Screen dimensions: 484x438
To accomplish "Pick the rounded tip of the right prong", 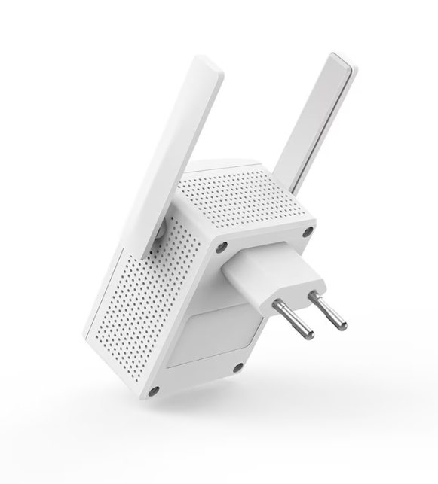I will click(x=342, y=325).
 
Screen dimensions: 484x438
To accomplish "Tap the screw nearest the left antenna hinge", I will click(x=221, y=247).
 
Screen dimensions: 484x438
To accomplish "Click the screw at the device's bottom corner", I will click(x=153, y=391).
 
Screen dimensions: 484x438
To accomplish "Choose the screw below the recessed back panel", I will click(x=237, y=367).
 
